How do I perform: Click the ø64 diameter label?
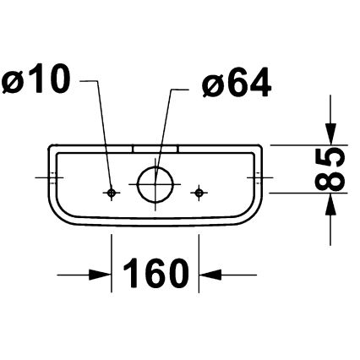237,84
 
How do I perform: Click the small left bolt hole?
112,193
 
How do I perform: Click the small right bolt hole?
199,193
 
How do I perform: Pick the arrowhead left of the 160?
102,274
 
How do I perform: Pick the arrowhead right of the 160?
209,274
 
